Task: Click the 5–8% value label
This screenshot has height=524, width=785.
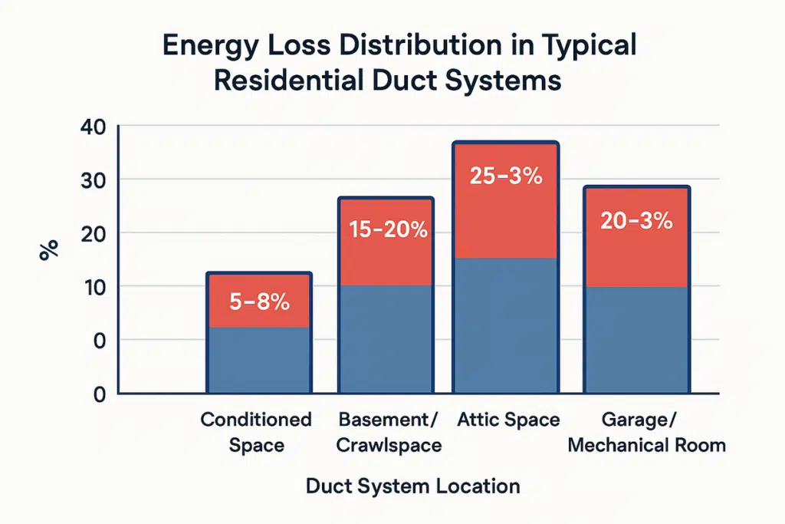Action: point(259,302)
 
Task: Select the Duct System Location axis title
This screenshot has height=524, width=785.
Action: point(412,486)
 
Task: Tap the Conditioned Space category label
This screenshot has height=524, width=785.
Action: point(256,432)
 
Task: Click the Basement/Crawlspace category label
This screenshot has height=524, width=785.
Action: point(389,432)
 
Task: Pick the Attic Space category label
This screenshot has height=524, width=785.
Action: point(508,420)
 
